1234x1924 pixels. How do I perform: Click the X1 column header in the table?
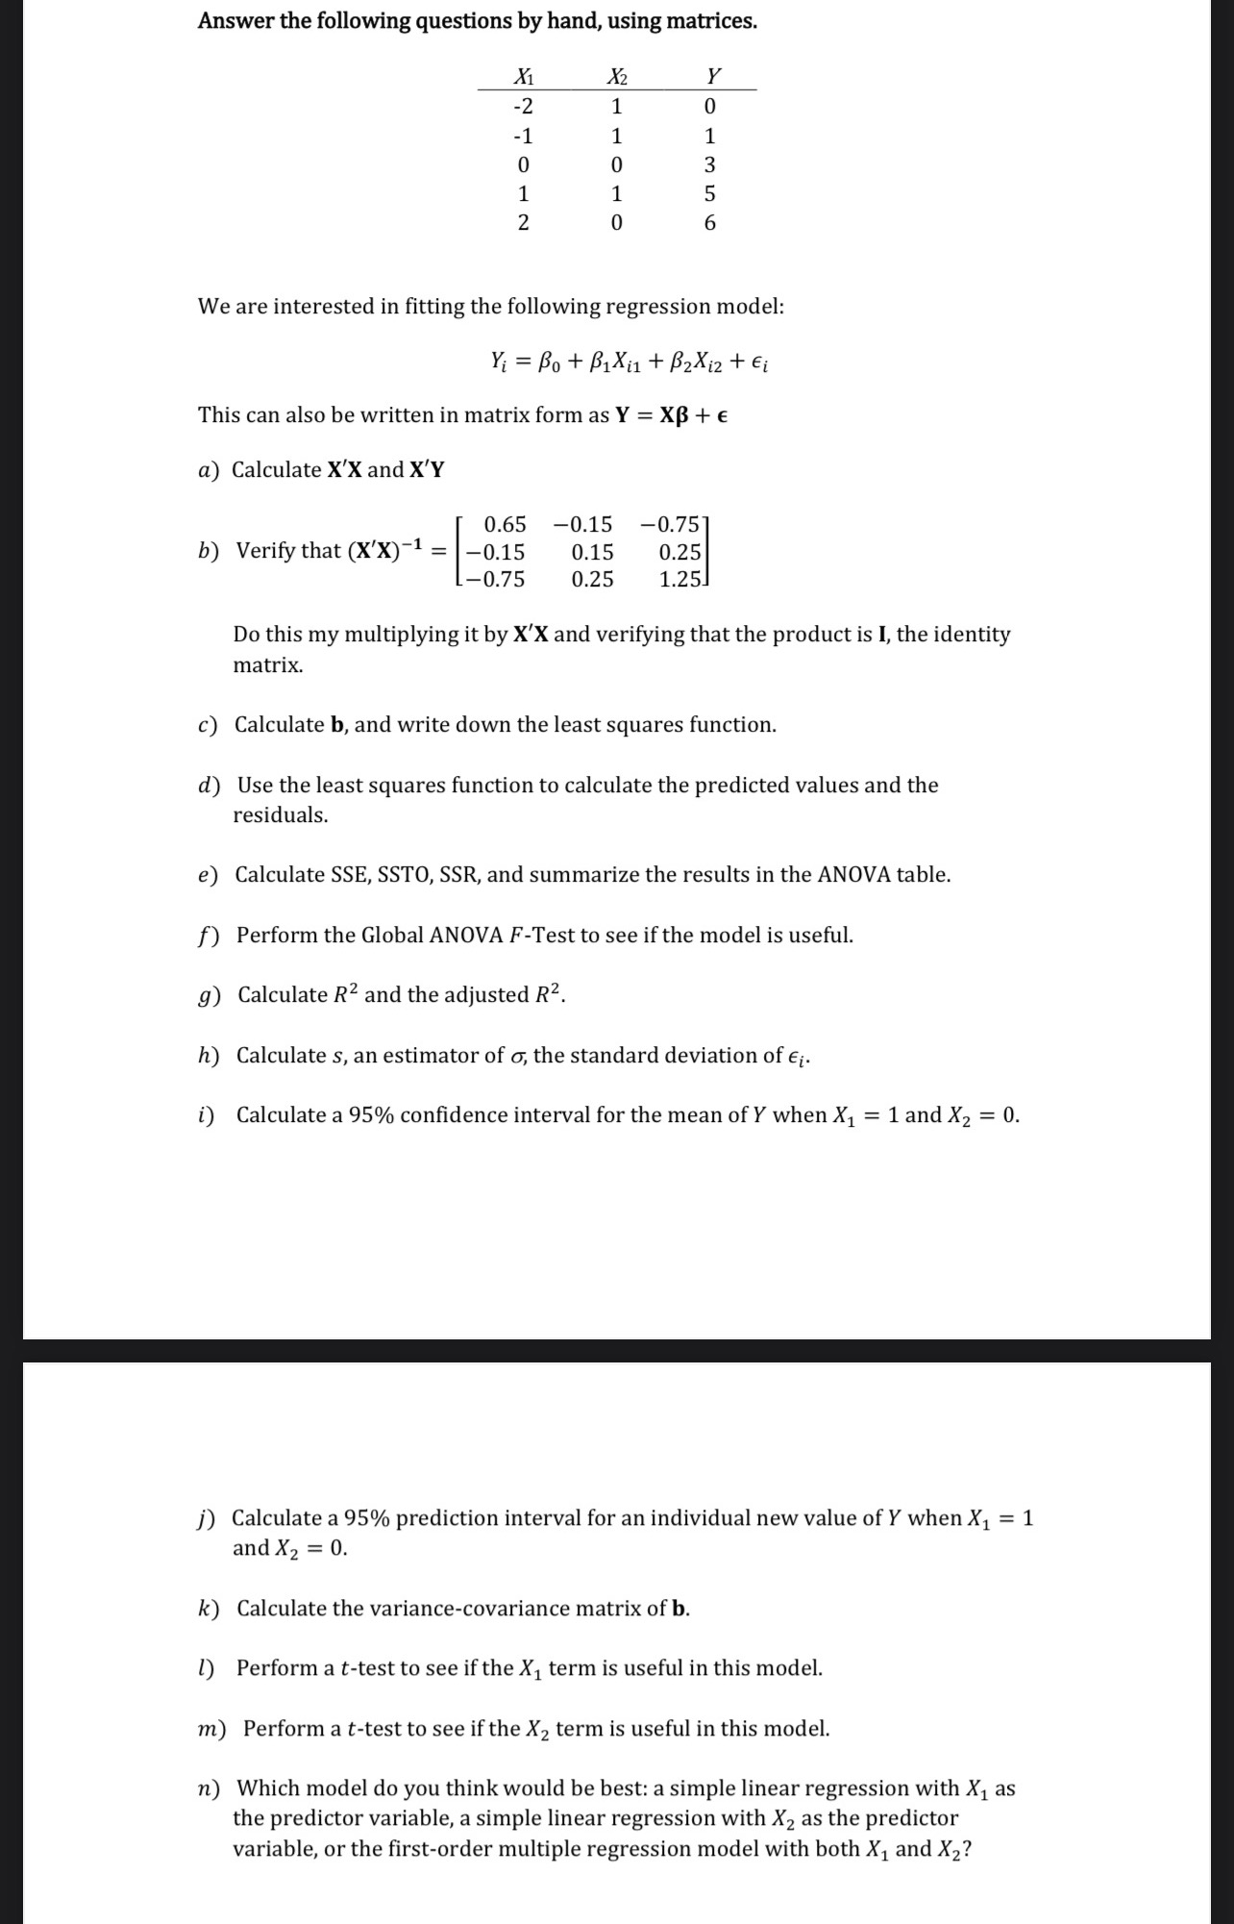click(x=524, y=76)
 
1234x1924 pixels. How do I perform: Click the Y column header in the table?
click(x=712, y=76)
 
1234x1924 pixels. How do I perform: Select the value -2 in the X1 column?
click(x=524, y=106)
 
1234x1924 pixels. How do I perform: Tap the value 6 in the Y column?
click(x=710, y=224)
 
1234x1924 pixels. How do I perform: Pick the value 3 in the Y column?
click(x=710, y=165)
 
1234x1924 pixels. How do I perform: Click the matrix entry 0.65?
click(x=505, y=525)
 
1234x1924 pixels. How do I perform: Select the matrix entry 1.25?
click(x=679, y=580)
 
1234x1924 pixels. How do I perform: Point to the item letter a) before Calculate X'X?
click(x=209, y=470)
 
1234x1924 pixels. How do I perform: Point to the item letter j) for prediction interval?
click(x=207, y=1518)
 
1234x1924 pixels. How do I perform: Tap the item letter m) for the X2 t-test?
click(x=211, y=1729)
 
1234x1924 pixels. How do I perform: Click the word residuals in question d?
click(x=280, y=815)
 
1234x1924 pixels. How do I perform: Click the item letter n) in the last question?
click(x=209, y=1788)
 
